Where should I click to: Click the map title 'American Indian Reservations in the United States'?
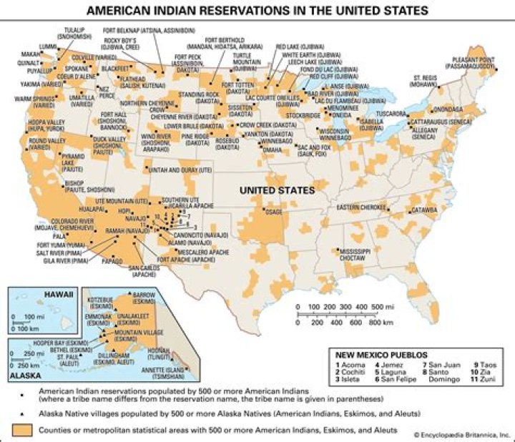257,11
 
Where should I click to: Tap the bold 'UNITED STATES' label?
277,190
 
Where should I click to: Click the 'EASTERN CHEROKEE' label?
363,207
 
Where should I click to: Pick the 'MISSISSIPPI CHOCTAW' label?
355,255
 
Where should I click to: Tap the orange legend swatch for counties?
23,428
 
